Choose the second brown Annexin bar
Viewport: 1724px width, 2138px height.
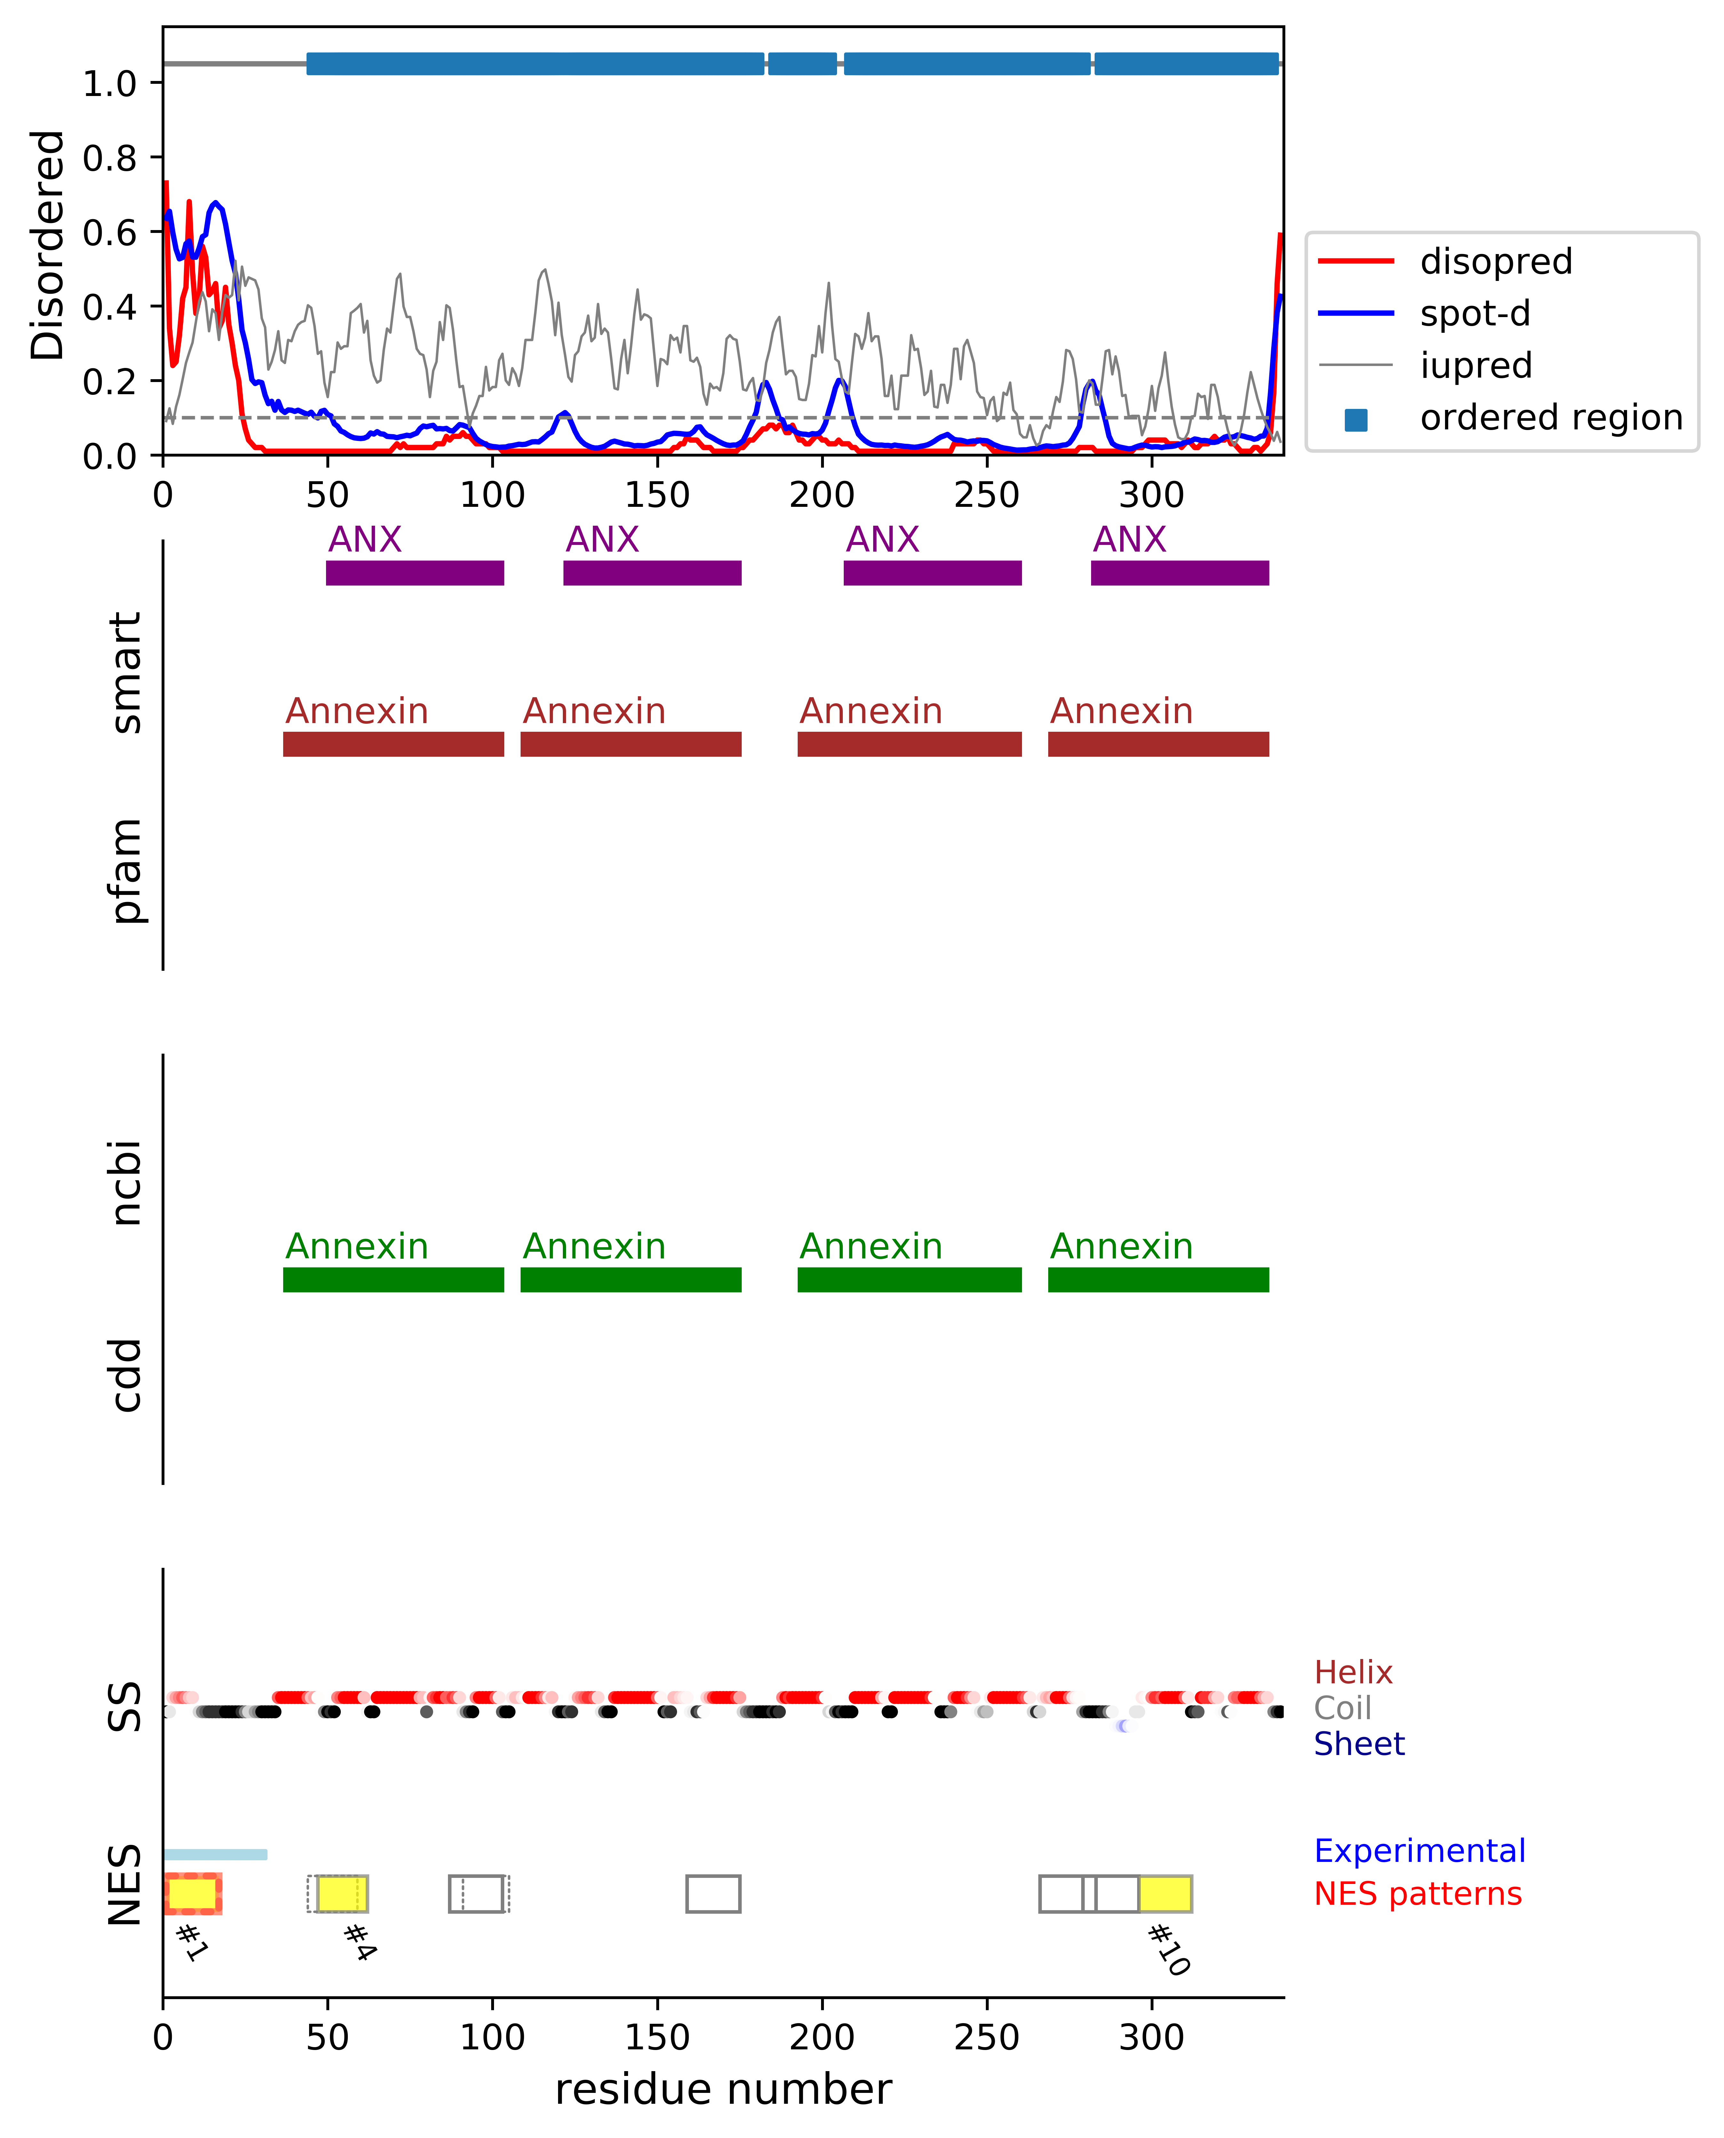point(631,744)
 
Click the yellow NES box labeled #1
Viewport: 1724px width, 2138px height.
point(192,1894)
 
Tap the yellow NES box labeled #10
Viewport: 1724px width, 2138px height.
point(1165,1894)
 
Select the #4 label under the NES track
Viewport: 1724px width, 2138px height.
point(358,1941)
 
